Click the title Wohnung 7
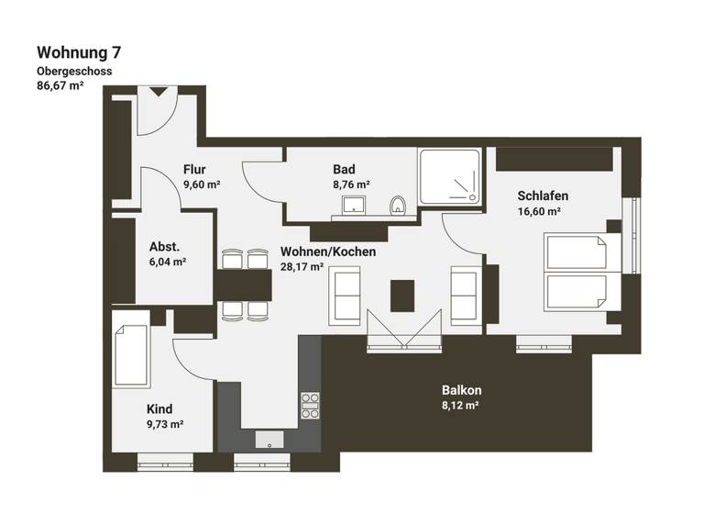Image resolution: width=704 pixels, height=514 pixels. coord(78,52)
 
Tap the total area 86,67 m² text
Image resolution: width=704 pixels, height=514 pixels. coord(60,86)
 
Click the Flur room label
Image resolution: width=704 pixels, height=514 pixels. coord(194,169)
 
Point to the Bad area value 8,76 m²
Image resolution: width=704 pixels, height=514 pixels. coord(351,184)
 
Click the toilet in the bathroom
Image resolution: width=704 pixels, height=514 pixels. coord(397,205)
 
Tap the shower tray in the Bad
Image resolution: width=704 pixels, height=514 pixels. coord(449,177)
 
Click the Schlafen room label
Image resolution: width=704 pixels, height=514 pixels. coord(543,196)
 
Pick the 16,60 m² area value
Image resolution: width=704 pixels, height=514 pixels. coord(539,211)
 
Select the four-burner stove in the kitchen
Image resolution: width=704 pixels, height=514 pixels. coord(311,404)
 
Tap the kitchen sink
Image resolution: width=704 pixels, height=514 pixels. coord(269,439)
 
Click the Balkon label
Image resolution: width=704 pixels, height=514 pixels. coord(461,390)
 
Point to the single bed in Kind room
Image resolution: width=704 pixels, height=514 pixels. coord(131,355)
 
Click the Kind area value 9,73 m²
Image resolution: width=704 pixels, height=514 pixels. coord(165,424)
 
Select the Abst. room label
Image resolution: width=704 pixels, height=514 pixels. coord(164,246)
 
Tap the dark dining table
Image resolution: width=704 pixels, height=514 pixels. coord(245,285)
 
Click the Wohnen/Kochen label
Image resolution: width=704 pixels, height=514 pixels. coord(328,251)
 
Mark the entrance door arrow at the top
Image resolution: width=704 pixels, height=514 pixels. coord(158,91)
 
